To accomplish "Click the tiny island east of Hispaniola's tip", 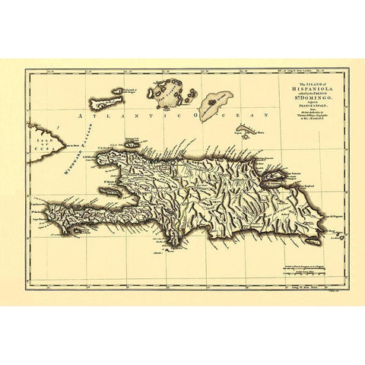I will [x=340, y=239].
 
